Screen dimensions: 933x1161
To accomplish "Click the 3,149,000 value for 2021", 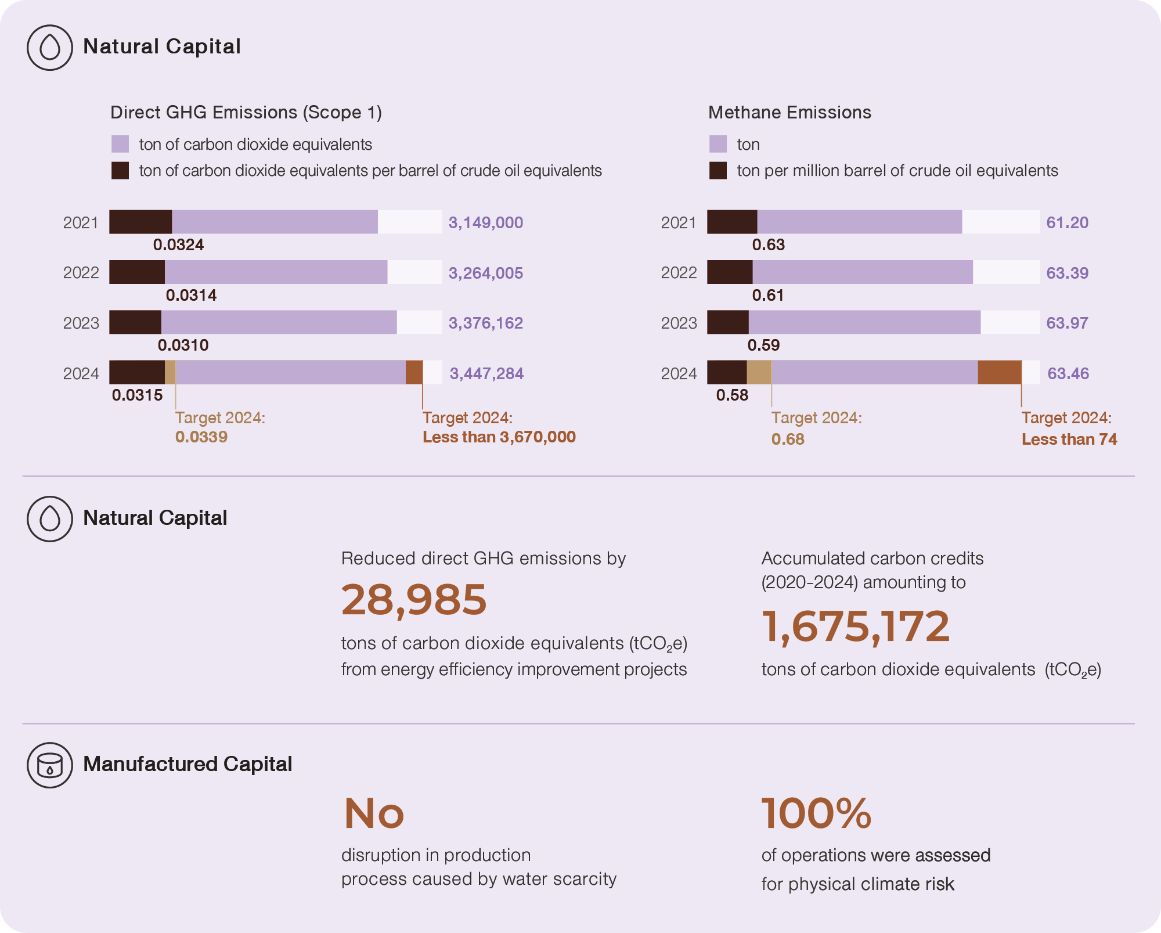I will tap(485, 222).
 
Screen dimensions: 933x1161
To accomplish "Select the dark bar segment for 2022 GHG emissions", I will tap(137, 272).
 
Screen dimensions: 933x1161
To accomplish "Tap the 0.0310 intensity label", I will tap(183, 345).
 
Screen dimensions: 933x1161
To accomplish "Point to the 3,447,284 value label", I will tap(486, 373).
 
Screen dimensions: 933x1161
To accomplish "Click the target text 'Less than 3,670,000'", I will tap(499, 437).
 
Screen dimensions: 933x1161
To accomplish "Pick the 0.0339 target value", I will tap(201, 437).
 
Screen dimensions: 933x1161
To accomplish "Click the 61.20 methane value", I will tap(1067, 222).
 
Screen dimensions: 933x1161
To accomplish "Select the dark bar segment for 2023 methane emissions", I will tap(728, 322).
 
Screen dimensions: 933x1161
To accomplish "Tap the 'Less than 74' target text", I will tap(1069, 440).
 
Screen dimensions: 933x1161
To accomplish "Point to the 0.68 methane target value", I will tap(788, 440).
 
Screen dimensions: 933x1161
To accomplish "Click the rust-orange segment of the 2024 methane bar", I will tap(999, 372).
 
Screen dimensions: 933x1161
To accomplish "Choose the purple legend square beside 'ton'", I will tap(718, 144).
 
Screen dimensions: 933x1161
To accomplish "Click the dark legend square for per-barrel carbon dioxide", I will tap(120, 171).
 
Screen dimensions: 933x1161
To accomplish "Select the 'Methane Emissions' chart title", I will tap(789, 112).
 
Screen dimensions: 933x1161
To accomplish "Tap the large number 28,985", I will tap(414, 600).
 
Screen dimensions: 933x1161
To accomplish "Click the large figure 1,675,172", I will tap(855, 626).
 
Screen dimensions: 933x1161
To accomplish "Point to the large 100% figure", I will tap(816, 813).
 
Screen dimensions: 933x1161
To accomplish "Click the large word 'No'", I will tap(374, 813).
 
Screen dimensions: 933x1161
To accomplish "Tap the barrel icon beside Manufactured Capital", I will tap(50, 765).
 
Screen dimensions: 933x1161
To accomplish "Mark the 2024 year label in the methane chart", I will tap(679, 373).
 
